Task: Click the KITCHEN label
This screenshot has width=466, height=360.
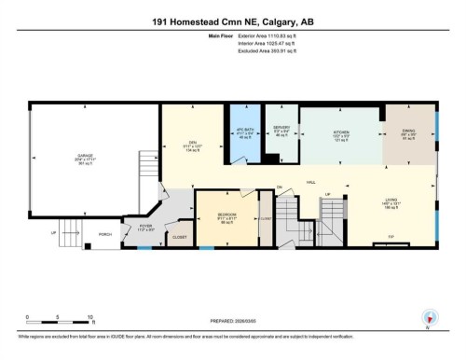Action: [x=341, y=132]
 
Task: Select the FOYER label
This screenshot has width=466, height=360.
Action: [x=145, y=224]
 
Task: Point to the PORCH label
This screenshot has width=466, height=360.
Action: [x=104, y=234]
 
